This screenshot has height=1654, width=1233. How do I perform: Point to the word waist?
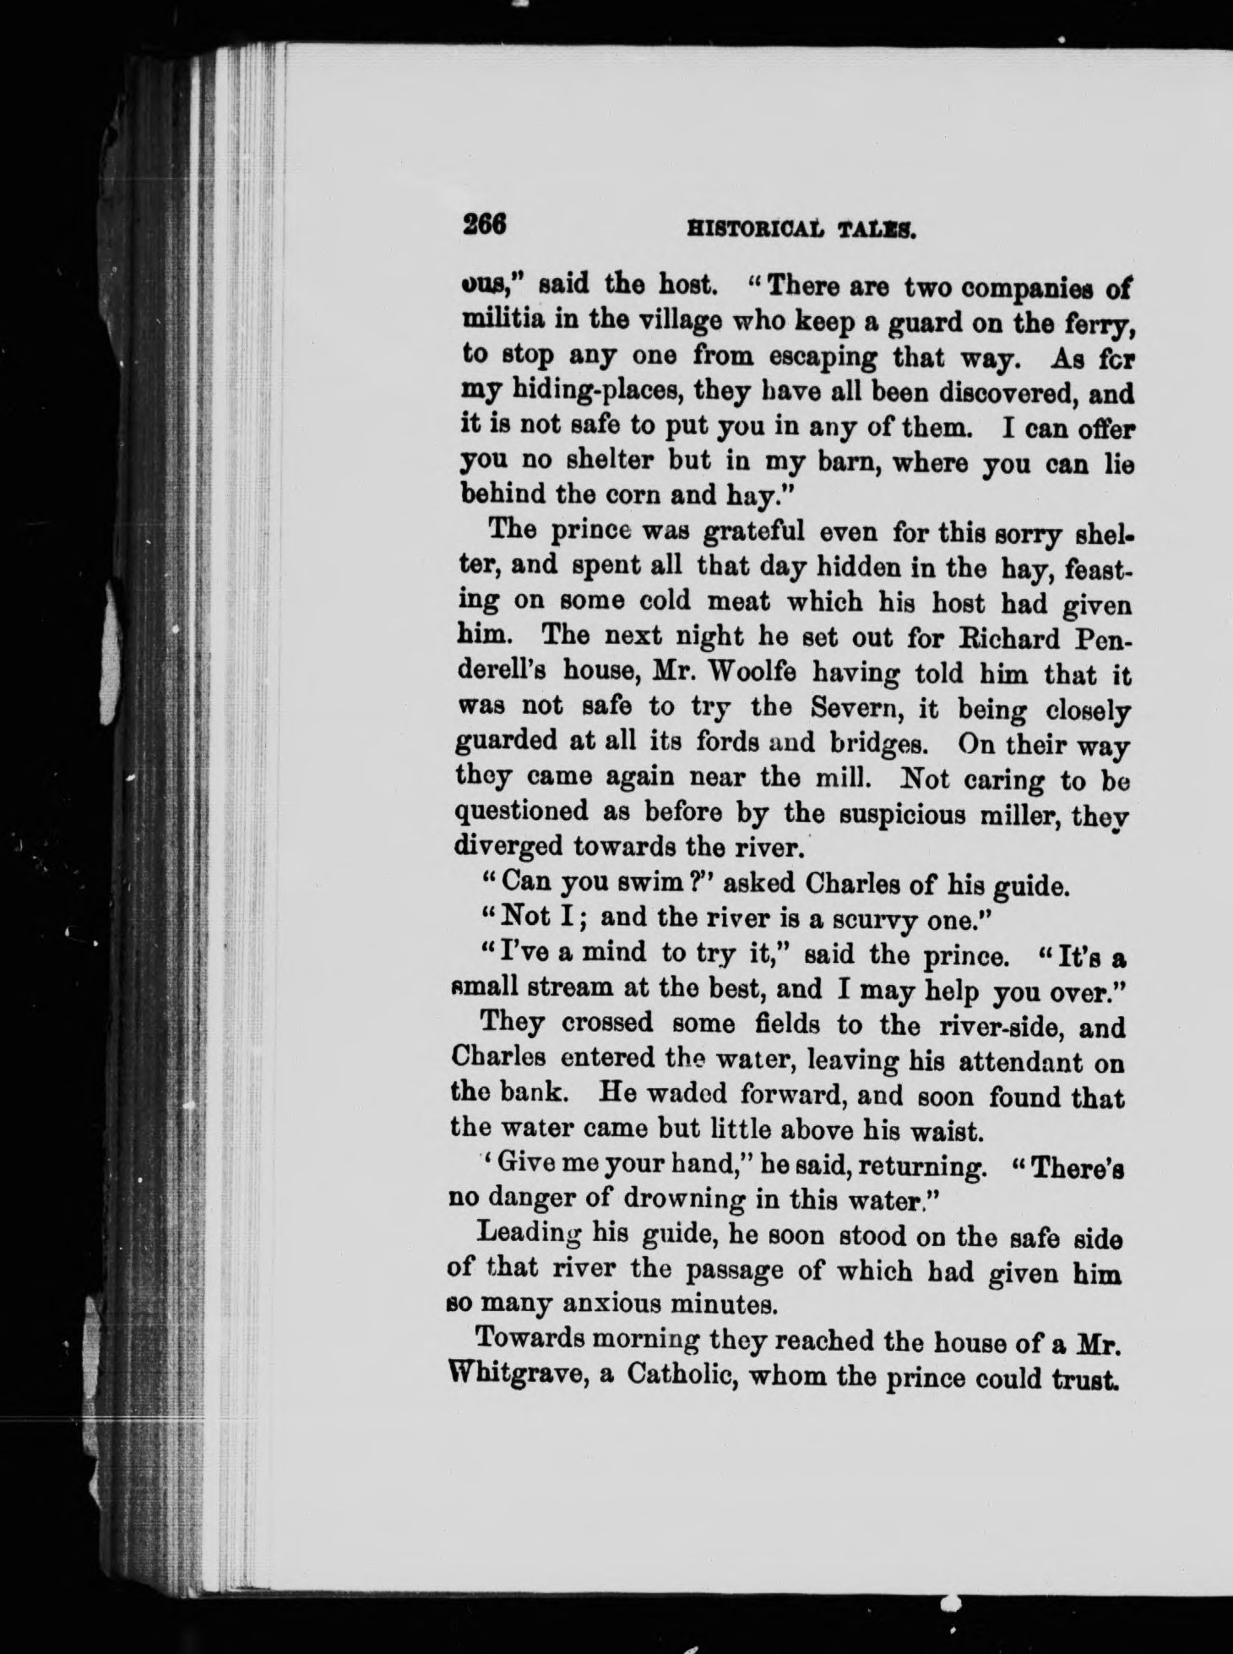[x=923, y=1129]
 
